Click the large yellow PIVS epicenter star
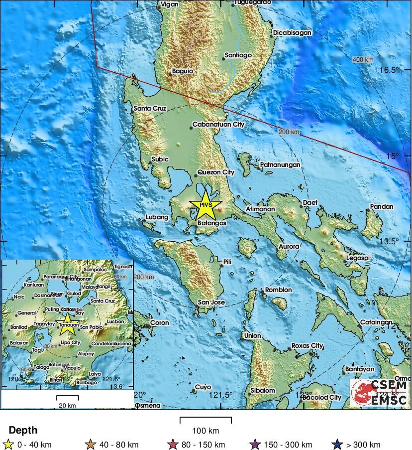pos(206,206)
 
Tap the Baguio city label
pos(182,71)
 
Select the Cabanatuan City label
pos(218,125)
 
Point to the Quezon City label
pos(216,172)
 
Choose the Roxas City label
pos(307,345)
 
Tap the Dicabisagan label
pos(292,33)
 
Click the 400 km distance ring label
pos(363,60)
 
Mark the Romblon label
pos(279,290)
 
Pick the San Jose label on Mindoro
pos(211,302)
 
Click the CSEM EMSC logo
pos(380,392)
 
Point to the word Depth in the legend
pos(23,430)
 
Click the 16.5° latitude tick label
pos(388,70)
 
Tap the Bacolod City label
pos(322,397)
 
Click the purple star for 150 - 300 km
pos(255,445)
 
